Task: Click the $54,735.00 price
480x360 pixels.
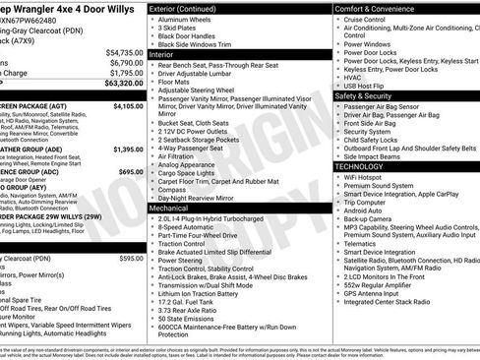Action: pos(125,52)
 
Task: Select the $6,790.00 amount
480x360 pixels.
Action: pos(127,62)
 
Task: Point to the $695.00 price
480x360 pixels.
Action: pos(132,170)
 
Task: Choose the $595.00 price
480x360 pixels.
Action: pos(132,258)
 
